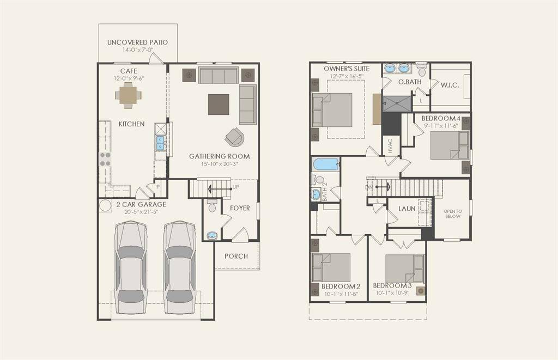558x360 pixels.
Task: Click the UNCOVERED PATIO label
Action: (137, 42)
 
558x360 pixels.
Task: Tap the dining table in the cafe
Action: (128, 96)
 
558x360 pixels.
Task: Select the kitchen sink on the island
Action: (161, 143)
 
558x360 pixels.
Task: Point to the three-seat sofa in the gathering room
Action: (218, 75)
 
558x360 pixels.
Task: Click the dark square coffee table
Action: (219, 104)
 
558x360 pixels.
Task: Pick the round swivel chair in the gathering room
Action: (235, 137)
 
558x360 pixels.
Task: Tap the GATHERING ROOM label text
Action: (220, 156)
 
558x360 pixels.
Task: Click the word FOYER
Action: (240, 208)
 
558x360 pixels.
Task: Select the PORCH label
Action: (236, 256)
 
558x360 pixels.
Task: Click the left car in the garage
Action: (131, 267)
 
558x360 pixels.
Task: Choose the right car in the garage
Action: (179, 267)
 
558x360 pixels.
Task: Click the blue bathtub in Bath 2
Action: (325, 164)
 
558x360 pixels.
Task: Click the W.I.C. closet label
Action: (450, 84)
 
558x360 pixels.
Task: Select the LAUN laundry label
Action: (407, 208)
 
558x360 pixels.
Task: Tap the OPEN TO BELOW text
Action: (452, 213)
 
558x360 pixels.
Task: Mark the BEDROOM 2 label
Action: (341, 286)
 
